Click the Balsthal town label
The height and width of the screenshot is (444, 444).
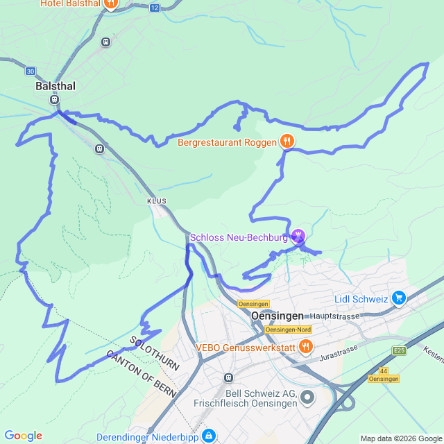pos(55,87)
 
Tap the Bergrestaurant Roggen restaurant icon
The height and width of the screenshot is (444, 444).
pos(287,142)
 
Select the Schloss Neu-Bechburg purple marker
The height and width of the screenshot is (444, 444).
pos(298,237)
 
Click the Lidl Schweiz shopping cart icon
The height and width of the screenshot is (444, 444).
pos(398,298)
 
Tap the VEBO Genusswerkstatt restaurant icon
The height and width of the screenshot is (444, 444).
pos(305,346)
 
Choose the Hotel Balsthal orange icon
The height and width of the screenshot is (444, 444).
pos(110,3)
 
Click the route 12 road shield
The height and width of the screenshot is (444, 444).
pos(154,8)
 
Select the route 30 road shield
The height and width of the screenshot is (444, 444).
pos(30,71)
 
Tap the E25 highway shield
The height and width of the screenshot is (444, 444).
pos(399,351)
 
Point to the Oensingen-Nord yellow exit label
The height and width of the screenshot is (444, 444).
pos(288,330)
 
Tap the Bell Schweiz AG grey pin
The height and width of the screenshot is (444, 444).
pos(307,398)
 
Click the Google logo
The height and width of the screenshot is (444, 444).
pos(23,436)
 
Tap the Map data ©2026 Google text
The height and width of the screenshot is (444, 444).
pos(400,438)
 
